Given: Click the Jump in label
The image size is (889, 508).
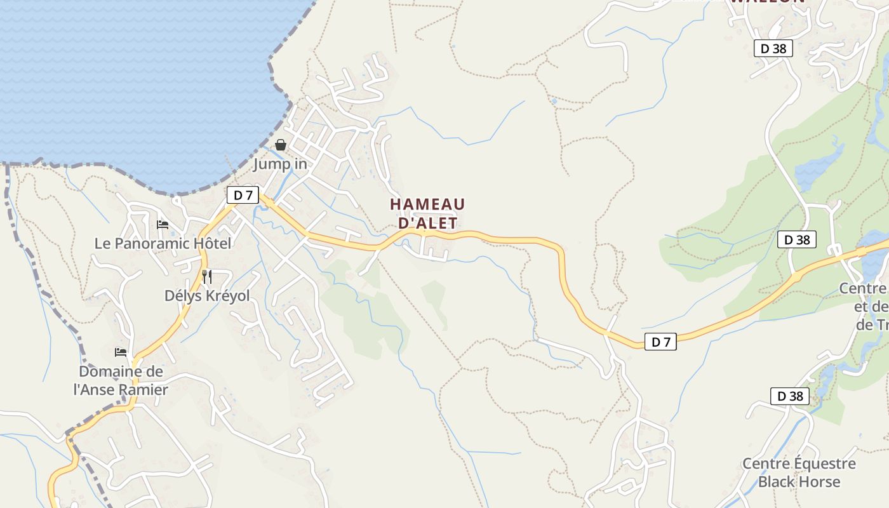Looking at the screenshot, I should pos(280,164).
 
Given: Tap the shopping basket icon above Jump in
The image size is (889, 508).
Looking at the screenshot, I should pos(281,145).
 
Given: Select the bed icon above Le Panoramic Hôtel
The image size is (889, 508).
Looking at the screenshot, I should pos(163,225).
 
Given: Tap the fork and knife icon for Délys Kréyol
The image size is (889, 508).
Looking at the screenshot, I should pos(206,277).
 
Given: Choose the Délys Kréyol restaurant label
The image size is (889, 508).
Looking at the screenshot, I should pos(207,296).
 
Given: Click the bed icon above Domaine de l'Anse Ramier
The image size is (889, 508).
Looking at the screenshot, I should pos(121,352).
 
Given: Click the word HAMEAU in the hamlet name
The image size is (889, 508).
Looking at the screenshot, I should pos(427,204).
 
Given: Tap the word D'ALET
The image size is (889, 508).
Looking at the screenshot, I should pos(427,223).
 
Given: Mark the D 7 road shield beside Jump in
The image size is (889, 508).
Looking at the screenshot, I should pos(243,196).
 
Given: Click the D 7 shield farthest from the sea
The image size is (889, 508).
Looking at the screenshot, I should pos(660,342).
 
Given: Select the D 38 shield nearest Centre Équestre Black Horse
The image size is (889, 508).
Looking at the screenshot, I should pos(791,396).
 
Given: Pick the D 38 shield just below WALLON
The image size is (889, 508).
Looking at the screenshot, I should pos(773,48).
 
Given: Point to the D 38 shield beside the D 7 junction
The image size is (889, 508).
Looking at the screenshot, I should pos(797,239).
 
